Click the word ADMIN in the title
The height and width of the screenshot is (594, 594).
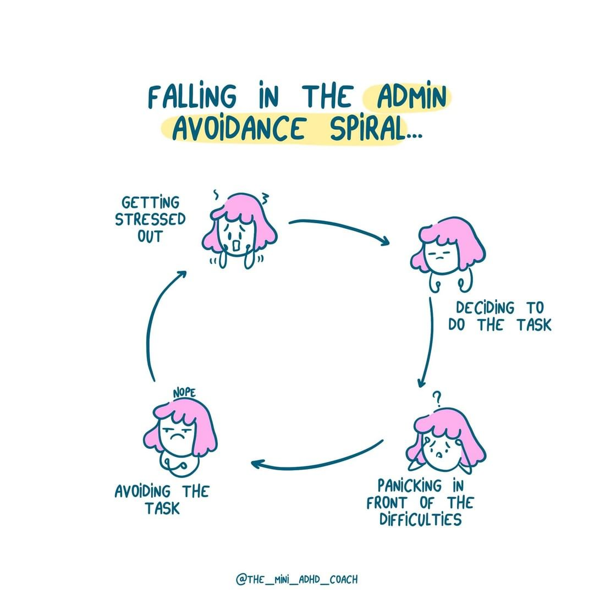(x=411, y=98)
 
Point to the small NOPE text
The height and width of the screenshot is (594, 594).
(x=184, y=394)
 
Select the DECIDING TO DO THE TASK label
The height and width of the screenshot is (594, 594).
(x=499, y=316)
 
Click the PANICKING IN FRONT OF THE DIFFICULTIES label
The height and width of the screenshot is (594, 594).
(x=420, y=502)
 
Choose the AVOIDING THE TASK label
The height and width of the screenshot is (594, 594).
(x=162, y=499)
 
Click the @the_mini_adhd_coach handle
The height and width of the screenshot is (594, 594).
(x=297, y=579)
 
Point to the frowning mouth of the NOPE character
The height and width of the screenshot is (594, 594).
(x=175, y=437)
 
